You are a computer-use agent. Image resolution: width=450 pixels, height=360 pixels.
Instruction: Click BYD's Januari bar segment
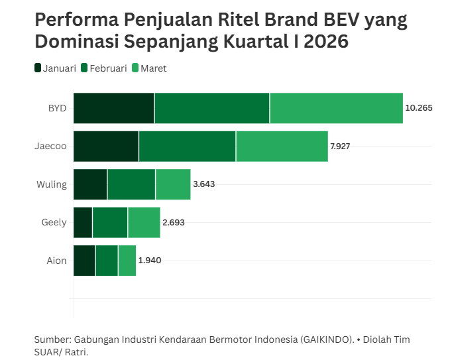click(x=113, y=108)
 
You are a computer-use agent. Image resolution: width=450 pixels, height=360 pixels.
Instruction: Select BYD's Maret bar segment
click(x=336, y=108)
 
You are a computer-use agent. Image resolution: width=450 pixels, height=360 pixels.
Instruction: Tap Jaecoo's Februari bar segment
click(x=187, y=147)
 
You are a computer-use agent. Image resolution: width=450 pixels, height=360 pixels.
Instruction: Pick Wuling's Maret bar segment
click(x=173, y=184)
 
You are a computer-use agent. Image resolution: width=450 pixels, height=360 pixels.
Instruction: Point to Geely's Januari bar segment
click(x=83, y=222)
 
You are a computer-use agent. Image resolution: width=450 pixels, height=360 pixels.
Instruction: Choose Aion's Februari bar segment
click(x=107, y=261)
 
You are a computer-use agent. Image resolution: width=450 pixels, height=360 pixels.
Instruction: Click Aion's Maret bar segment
click(x=127, y=261)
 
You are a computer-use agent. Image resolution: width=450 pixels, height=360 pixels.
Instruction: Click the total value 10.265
click(x=418, y=108)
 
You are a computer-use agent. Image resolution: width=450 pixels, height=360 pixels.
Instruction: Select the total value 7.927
click(x=340, y=147)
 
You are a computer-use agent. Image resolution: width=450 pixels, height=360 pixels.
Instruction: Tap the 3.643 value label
click(x=203, y=184)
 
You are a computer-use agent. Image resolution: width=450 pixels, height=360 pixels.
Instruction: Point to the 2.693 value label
click(x=173, y=223)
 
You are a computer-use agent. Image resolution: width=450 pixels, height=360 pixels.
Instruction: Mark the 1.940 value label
click(x=149, y=261)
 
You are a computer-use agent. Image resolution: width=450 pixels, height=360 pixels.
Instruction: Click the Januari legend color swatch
click(x=38, y=68)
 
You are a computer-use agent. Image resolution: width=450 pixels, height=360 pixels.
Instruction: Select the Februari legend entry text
click(x=108, y=68)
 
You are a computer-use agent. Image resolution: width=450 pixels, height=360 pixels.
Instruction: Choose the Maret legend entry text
click(x=154, y=68)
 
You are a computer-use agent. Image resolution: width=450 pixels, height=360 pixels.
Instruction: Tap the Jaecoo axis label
click(x=50, y=147)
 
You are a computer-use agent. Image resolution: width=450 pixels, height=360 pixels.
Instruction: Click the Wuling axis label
click(x=52, y=184)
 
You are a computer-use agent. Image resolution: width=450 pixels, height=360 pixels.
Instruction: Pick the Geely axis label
click(x=54, y=223)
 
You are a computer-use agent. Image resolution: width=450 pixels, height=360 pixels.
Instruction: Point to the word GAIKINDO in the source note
click(x=327, y=339)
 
